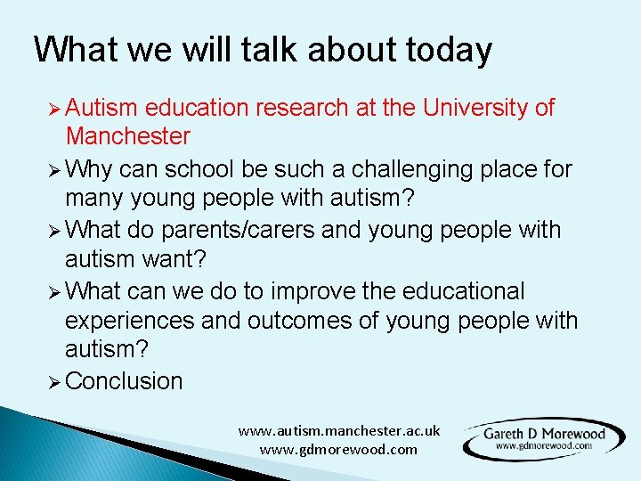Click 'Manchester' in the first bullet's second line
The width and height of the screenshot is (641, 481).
(127, 136)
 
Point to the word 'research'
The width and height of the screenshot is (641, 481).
(300, 108)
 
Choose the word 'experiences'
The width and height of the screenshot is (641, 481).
(130, 321)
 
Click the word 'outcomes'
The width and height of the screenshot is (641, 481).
(291, 321)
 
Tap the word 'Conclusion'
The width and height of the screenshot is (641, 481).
(124, 381)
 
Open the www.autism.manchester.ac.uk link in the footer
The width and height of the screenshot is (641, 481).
(338, 430)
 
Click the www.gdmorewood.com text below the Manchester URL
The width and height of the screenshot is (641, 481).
(338, 449)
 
